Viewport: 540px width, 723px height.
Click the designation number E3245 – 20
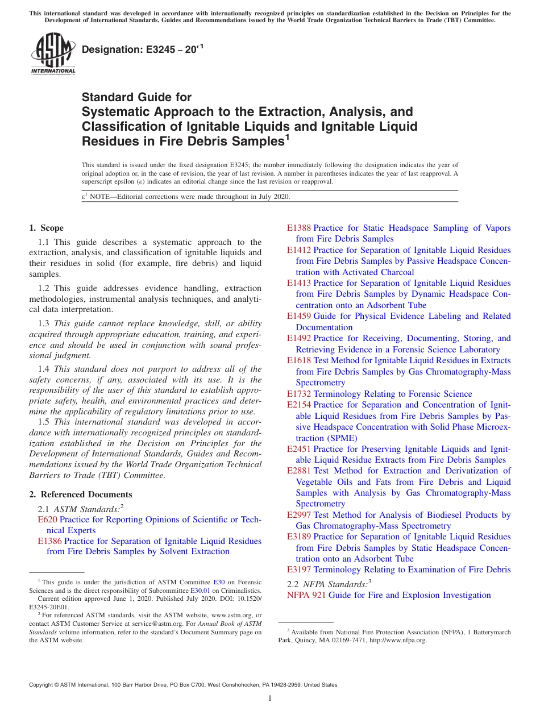pos(142,51)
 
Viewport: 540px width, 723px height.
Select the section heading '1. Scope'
pos(46,228)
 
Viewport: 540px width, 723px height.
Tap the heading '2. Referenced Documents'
pos(80,495)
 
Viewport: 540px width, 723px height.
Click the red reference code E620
pos(47,520)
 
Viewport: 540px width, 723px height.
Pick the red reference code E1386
pos(49,541)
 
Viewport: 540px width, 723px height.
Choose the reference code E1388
pos(298,228)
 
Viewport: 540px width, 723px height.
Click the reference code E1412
pos(298,250)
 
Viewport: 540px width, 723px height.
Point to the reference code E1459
pos(298,316)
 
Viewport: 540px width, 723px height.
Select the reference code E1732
pos(298,394)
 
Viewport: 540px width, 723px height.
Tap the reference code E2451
pos(298,449)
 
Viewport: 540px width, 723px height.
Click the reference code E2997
pos(298,515)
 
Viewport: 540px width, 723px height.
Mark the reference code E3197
pos(298,570)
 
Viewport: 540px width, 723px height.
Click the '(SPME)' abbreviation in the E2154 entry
pos(340,438)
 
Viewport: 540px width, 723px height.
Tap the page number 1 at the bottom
pos(270,699)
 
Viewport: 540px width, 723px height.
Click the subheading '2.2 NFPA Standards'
pos(329,584)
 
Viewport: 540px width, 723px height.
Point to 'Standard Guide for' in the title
pos(136,97)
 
